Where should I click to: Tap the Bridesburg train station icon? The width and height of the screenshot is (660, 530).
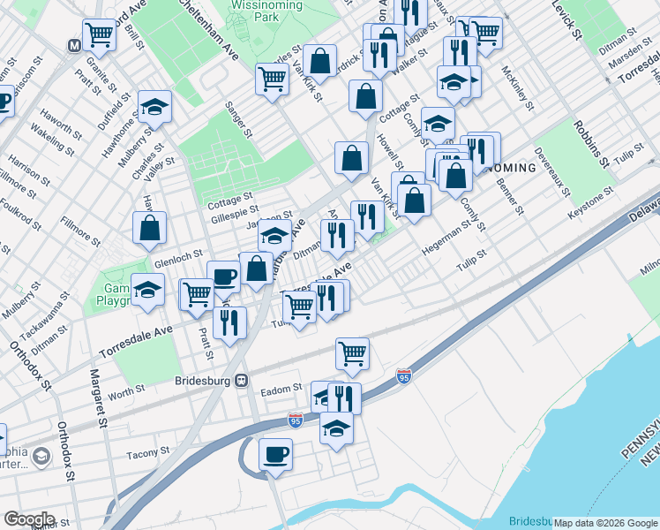click(240, 381)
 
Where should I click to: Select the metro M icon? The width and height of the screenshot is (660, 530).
click(74, 43)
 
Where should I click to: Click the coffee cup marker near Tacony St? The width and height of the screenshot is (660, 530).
click(275, 454)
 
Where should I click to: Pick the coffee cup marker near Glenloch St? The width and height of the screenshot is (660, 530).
click(224, 276)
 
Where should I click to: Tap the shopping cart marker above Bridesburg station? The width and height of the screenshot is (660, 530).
click(352, 353)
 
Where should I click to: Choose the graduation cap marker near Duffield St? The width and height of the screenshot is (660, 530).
click(154, 107)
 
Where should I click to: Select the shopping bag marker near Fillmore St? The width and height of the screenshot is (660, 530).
click(150, 227)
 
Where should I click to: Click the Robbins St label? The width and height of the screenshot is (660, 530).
click(592, 143)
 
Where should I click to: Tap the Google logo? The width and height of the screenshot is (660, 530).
click(29, 519)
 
